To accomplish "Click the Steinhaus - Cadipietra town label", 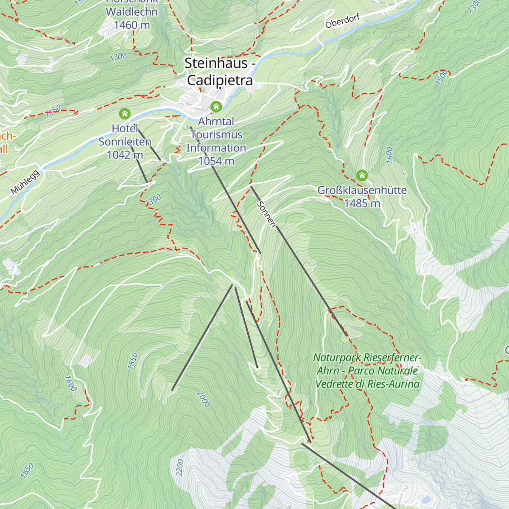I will (x=219, y=72).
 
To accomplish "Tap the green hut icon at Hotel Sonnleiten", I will (x=125, y=114).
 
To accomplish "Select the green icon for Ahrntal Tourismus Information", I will (x=216, y=106).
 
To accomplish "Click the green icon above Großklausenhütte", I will (x=362, y=175).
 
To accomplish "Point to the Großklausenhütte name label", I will (x=362, y=190).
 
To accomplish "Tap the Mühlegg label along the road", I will (x=25, y=182).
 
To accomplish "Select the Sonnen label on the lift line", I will (x=267, y=214).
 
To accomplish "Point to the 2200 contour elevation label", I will (x=180, y=467).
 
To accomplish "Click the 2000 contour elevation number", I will (x=204, y=399).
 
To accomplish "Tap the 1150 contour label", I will (x=54, y=111).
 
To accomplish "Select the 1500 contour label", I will (x=441, y=78).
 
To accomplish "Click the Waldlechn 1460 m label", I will (x=132, y=18).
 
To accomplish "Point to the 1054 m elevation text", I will (x=216, y=161).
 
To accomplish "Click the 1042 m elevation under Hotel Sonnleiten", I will (x=125, y=155).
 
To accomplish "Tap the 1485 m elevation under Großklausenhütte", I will (x=362, y=203).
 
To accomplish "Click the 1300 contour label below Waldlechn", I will (x=118, y=56).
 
